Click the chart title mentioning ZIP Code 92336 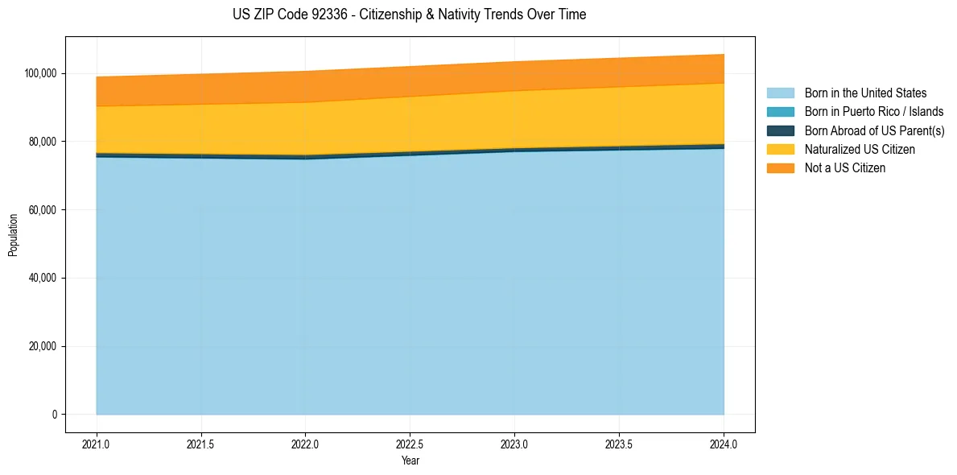click(x=410, y=14)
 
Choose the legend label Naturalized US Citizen click(x=860, y=150)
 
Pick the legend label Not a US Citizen click(x=844, y=168)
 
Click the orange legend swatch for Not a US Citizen click(x=780, y=168)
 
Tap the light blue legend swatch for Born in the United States click(x=780, y=93)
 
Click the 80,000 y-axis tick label click(x=43, y=142)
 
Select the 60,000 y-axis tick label click(x=43, y=210)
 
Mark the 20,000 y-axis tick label click(x=43, y=347)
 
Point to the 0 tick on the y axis click(x=54, y=415)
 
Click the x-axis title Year click(x=410, y=461)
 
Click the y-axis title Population click(x=13, y=235)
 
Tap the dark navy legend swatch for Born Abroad click(x=780, y=130)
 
